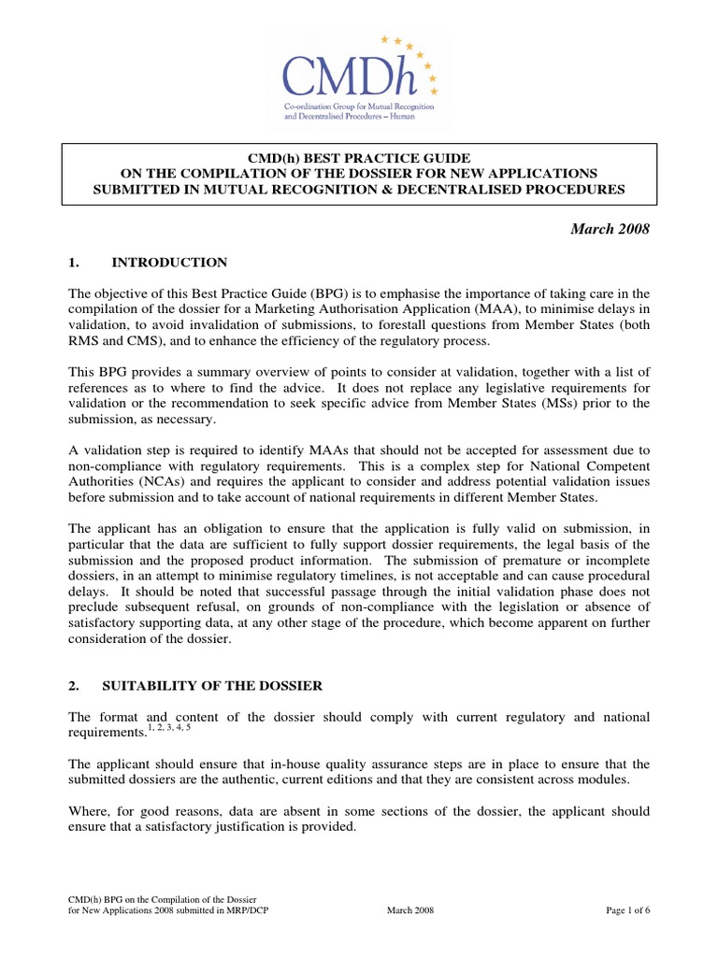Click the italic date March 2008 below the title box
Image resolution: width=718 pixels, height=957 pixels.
click(x=611, y=230)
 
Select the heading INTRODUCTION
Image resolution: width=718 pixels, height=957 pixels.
click(x=169, y=263)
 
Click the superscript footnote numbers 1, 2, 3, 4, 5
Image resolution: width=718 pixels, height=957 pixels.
click(x=167, y=727)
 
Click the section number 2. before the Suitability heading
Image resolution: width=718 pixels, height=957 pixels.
click(x=74, y=686)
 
